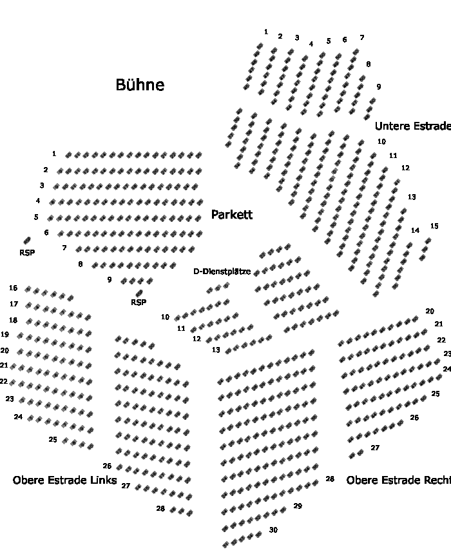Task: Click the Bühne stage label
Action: coord(140,84)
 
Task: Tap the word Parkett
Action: coord(232,215)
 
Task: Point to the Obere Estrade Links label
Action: coord(64,481)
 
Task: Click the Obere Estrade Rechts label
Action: coord(398,481)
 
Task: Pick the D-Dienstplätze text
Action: coord(222,272)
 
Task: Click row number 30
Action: coord(273,530)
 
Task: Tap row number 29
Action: coord(297,506)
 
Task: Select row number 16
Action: coord(13,288)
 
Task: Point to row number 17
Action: coord(14,304)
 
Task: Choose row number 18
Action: coord(13,321)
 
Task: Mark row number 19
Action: coord(5,335)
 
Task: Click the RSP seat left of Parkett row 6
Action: coord(27,241)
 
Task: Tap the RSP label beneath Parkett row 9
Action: coord(139,303)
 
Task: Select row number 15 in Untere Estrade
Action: coord(434,226)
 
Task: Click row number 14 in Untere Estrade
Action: coord(415,231)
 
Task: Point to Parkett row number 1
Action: coord(54,154)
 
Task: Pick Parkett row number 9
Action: coord(110,280)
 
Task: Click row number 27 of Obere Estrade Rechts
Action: coord(375,448)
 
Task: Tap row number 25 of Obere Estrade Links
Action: coord(53,439)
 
